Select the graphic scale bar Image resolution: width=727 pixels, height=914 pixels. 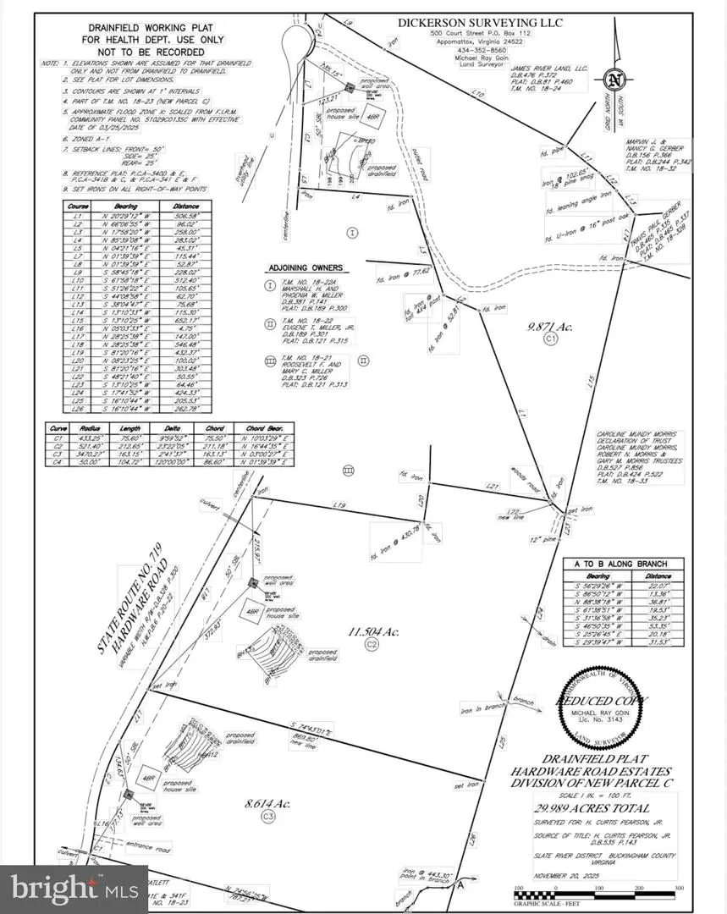coord(597,889)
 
